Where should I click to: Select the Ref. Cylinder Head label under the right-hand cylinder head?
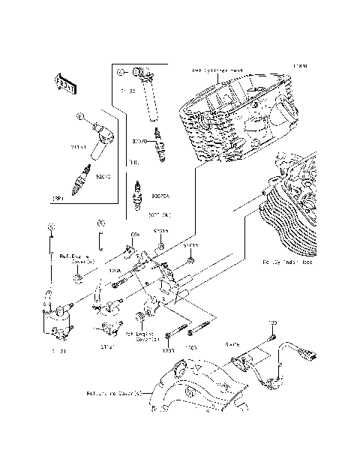pos(287,264)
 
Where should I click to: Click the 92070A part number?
pos(160,196)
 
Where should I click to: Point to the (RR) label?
pos(56,199)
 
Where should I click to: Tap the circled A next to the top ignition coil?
pos(120,73)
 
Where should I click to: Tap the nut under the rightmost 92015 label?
pos(192,260)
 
